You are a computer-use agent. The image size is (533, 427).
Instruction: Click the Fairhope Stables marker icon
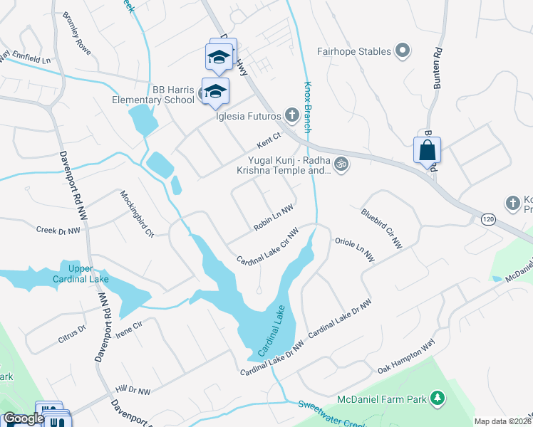click(x=403, y=51)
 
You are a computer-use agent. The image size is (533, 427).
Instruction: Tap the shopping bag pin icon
click(x=427, y=151)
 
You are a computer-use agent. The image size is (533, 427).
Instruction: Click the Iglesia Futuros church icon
click(x=291, y=114)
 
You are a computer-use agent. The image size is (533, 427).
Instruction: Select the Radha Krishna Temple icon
click(x=341, y=164)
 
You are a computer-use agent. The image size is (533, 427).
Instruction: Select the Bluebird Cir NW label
click(x=381, y=228)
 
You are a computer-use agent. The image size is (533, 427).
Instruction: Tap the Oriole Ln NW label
click(x=354, y=251)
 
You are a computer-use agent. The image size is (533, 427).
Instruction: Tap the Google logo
click(x=24, y=418)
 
